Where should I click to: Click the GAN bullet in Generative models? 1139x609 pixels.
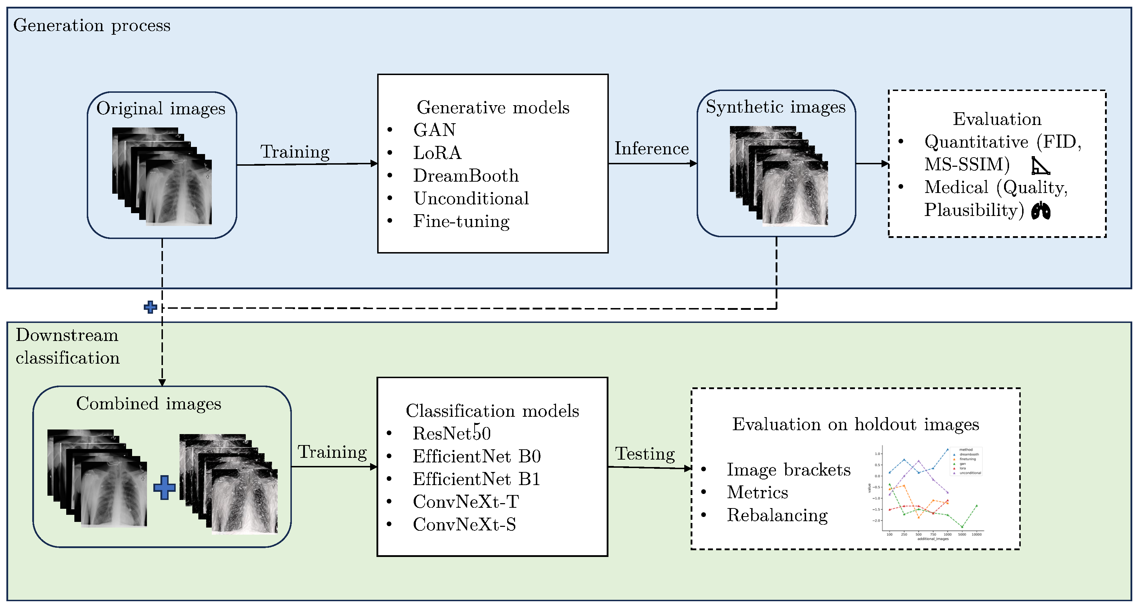pyautogui.click(x=434, y=130)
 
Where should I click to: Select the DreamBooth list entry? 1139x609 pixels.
pyautogui.click(x=466, y=176)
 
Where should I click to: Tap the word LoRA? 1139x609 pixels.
pyautogui.click(x=437, y=153)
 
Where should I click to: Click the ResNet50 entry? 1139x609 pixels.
pyautogui.click(x=452, y=433)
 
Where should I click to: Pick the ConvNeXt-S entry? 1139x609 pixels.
pyautogui.click(x=464, y=525)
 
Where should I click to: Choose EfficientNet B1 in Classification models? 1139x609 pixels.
pyautogui.click(x=476, y=479)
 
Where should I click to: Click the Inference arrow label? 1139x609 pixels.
pyautogui.click(x=651, y=148)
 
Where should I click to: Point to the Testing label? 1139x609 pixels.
pyautogui.click(x=645, y=454)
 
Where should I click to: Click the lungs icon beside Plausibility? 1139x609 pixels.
pyautogui.click(x=1041, y=211)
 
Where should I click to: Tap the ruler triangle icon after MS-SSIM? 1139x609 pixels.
pyautogui.click(x=1040, y=166)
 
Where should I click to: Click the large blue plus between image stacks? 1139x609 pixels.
pyautogui.click(x=164, y=488)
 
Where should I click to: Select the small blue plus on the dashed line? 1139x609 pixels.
pyautogui.click(x=150, y=307)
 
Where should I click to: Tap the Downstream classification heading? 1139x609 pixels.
pyautogui.click(x=68, y=347)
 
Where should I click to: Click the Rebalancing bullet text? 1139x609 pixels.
pyautogui.click(x=777, y=515)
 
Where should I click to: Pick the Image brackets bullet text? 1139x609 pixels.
pyautogui.click(x=788, y=470)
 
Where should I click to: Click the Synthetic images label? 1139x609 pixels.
pyautogui.click(x=775, y=107)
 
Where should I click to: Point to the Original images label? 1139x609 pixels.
pyautogui.click(x=161, y=109)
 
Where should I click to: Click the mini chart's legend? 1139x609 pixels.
pyautogui.click(x=967, y=461)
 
